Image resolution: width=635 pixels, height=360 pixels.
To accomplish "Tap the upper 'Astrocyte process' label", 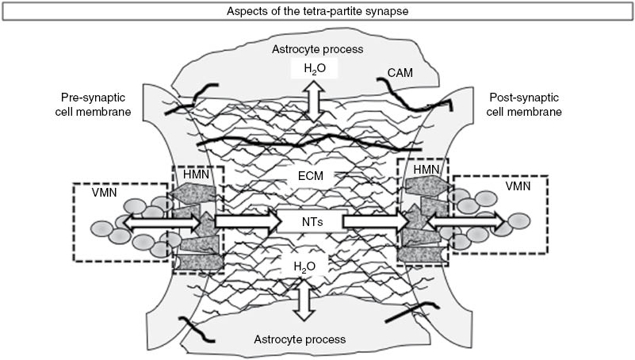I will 317,48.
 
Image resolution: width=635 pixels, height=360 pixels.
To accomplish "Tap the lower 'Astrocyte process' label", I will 300,339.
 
